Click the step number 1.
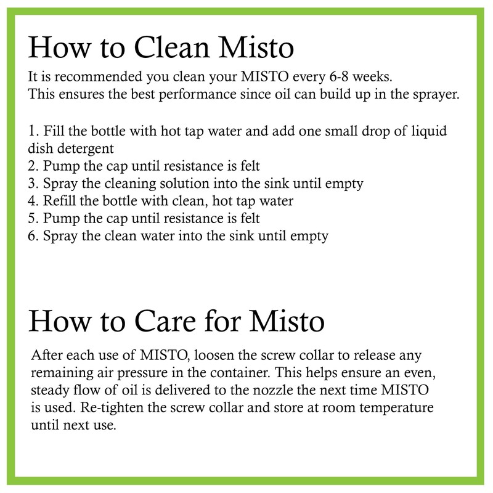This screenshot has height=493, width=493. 32,132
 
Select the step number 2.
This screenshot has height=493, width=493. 33,166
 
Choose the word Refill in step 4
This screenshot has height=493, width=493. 58,200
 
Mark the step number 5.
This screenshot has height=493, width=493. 33,218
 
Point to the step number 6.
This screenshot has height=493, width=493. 33,235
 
